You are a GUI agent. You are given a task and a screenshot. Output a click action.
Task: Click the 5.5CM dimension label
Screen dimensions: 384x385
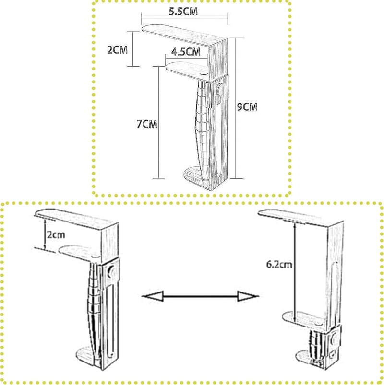[x=183, y=12]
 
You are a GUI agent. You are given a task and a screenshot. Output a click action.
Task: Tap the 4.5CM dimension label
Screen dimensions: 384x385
[x=186, y=52]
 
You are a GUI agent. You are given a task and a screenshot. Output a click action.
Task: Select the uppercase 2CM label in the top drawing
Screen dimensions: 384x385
[x=117, y=50]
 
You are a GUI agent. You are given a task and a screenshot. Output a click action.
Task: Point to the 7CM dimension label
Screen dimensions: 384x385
[x=147, y=124]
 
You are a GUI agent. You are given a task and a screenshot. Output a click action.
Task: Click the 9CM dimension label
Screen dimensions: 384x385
[x=247, y=107]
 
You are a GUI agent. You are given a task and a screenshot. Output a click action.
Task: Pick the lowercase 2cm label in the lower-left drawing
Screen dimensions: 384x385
[x=56, y=235]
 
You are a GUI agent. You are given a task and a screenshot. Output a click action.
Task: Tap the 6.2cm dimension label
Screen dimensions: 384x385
[x=279, y=265]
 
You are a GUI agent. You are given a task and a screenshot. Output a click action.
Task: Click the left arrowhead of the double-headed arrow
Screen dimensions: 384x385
[x=154, y=296]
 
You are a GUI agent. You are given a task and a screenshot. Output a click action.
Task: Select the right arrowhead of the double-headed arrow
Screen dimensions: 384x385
[x=248, y=296]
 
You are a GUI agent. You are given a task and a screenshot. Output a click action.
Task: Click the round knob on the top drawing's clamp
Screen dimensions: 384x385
[x=219, y=90]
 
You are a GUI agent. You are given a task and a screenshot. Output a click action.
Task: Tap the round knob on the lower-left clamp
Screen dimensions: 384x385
[x=111, y=271]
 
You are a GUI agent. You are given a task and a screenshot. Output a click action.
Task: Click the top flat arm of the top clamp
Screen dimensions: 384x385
[x=176, y=35]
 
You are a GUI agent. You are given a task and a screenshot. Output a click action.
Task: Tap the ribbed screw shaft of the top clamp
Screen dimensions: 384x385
[x=203, y=130]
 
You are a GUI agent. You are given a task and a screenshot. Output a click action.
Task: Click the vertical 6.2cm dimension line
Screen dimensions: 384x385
[x=294, y=272]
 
